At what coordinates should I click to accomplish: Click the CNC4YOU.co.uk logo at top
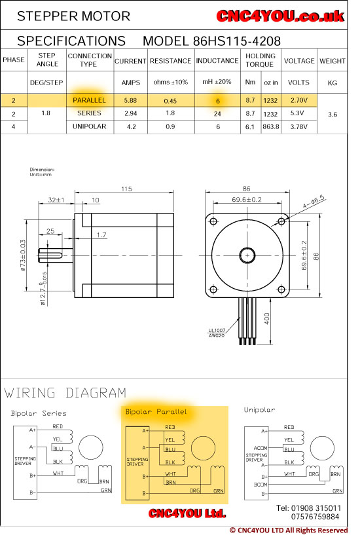point(280,16)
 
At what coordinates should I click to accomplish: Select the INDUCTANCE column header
point(217,61)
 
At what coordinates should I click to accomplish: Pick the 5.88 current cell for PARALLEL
point(130,100)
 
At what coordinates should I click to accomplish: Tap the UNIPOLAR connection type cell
point(89,126)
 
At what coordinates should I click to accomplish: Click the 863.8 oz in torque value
point(271,126)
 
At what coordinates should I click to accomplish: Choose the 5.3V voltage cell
point(297,113)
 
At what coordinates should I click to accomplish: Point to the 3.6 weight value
point(333,115)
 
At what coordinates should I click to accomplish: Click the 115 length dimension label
point(126,189)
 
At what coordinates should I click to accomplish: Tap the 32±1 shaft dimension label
point(56,200)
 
